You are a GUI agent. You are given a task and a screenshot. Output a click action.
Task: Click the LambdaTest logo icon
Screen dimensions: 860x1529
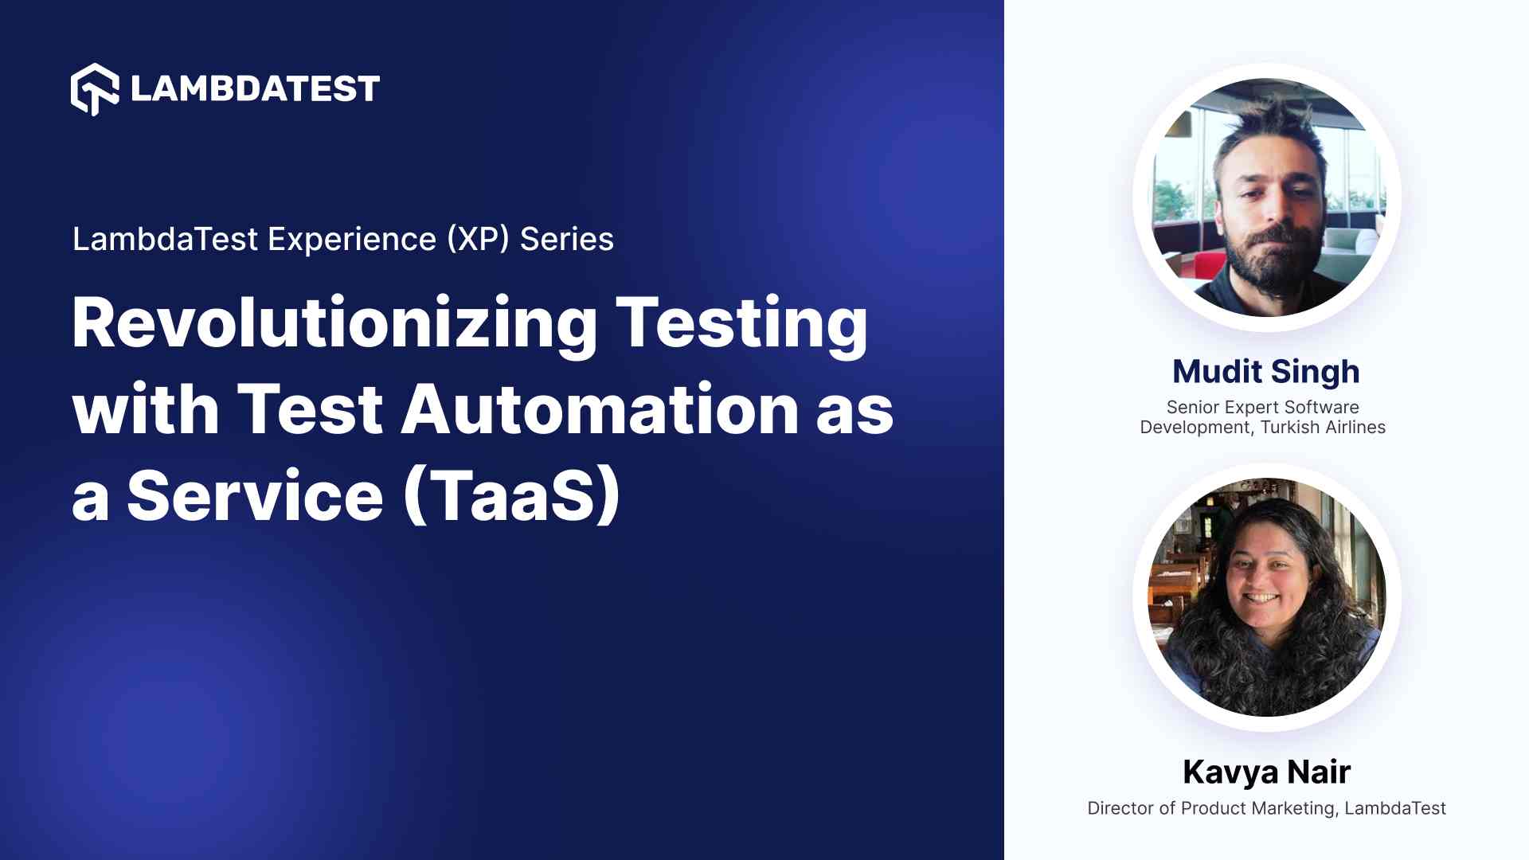[95, 89]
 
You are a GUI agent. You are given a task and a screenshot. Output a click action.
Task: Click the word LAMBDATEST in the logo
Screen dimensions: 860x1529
[255, 89]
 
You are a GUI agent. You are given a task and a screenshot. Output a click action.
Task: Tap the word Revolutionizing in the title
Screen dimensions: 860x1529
[334, 323]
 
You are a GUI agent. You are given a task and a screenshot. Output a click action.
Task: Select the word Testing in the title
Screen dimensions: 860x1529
[741, 323]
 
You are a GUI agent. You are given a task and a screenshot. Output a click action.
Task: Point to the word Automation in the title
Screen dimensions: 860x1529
[599, 409]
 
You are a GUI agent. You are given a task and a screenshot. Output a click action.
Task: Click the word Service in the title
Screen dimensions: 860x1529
[256, 495]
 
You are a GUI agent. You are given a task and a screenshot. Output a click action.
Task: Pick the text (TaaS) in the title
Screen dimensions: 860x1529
[512, 495]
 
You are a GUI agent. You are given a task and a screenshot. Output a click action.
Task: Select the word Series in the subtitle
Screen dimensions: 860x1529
[567, 239]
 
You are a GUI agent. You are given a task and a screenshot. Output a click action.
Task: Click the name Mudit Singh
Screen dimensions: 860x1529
[1266, 372]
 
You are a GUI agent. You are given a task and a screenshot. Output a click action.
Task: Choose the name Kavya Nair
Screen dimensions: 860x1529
[1266, 772]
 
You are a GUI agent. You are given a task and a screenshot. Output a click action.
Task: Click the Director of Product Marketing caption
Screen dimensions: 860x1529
[1211, 808]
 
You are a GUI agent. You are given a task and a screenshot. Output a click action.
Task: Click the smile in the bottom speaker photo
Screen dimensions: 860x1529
[1261, 597]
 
